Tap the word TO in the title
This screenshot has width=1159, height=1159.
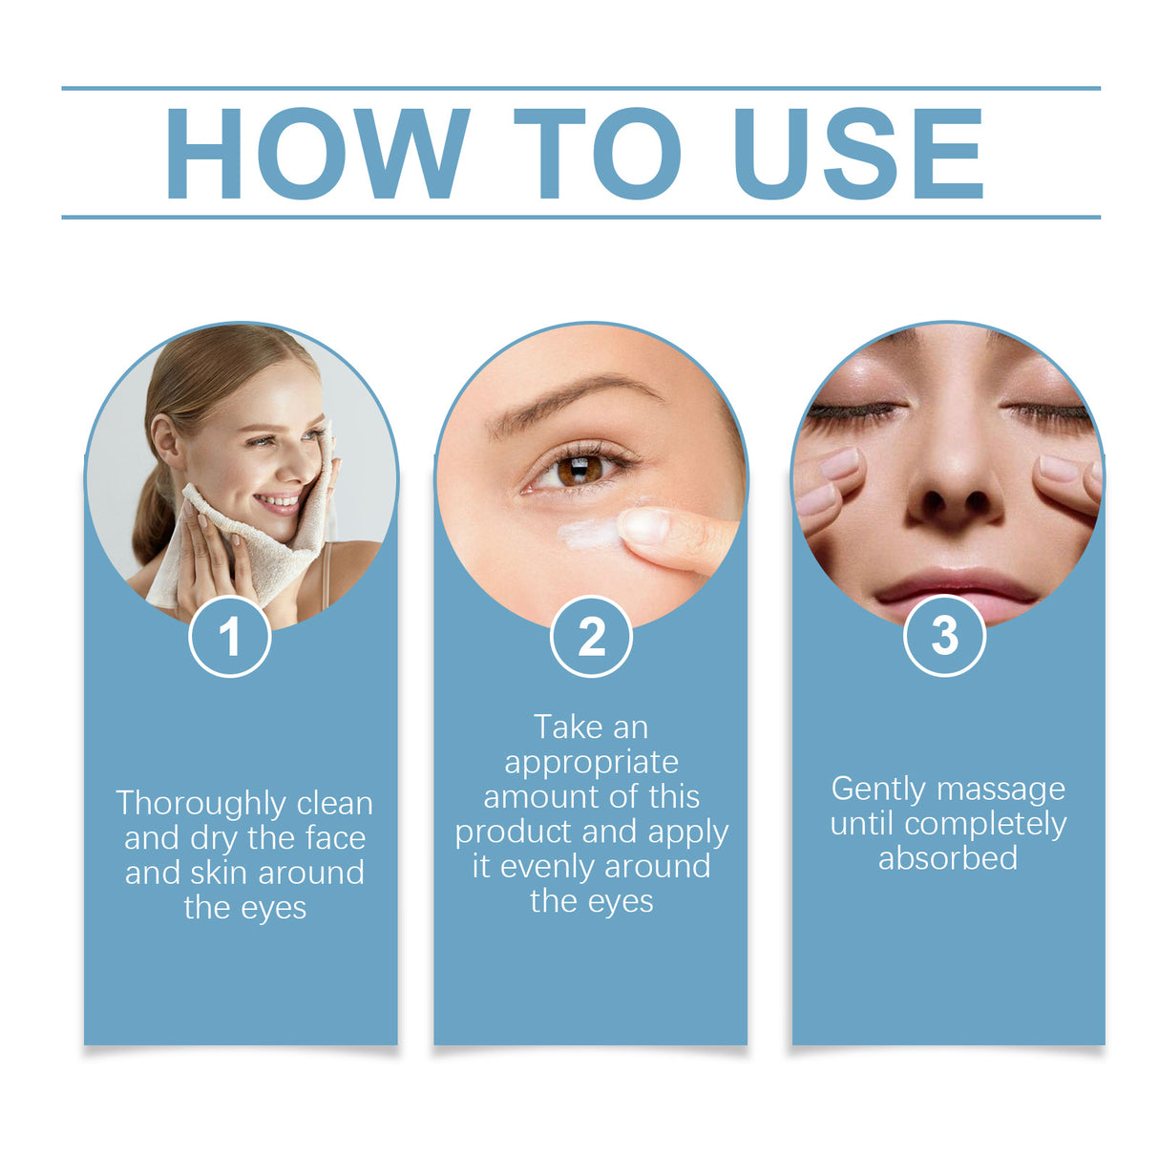pyautogui.click(x=598, y=153)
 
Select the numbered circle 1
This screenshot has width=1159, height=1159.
pyautogui.click(x=229, y=637)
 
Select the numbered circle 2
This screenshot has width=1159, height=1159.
pyautogui.click(x=591, y=637)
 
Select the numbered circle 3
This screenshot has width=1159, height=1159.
pyautogui.click(x=944, y=636)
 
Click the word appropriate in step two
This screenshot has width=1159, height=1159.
pyautogui.click(x=591, y=762)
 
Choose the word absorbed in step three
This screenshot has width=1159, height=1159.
pyautogui.click(x=947, y=858)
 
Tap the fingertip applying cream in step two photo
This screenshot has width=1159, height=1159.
pyautogui.click(x=645, y=527)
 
